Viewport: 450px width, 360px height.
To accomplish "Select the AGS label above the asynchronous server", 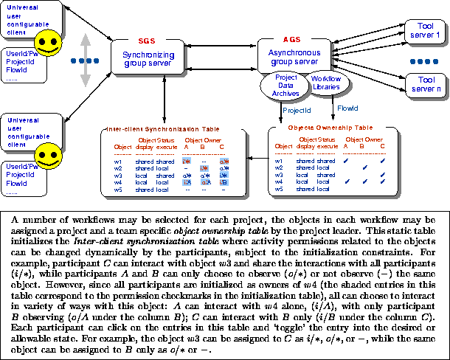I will pyautogui.click(x=292, y=38).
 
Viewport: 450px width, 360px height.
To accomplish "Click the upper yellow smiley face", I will pyautogui.click(x=49, y=44).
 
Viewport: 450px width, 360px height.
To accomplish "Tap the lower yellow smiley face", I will pyautogui.click(x=49, y=155).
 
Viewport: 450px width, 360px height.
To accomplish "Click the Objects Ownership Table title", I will pyautogui.click(x=330, y=128).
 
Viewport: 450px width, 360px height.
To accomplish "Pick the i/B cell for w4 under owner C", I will pyautogui.click(x=222, y=182).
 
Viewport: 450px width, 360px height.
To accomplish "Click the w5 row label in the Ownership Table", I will pyautogui.click(x=279, y=190).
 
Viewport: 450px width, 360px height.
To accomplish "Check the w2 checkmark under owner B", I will pyautogui.click(x=364, y=167).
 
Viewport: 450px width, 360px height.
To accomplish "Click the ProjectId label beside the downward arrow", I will pyautogui.click(x=297, y=109).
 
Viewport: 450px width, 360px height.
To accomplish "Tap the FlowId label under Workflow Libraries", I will pyautogui.click(x=347, y=108).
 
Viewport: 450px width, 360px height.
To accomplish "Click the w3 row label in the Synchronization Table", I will pyautogui.click(x=118, y=175).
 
